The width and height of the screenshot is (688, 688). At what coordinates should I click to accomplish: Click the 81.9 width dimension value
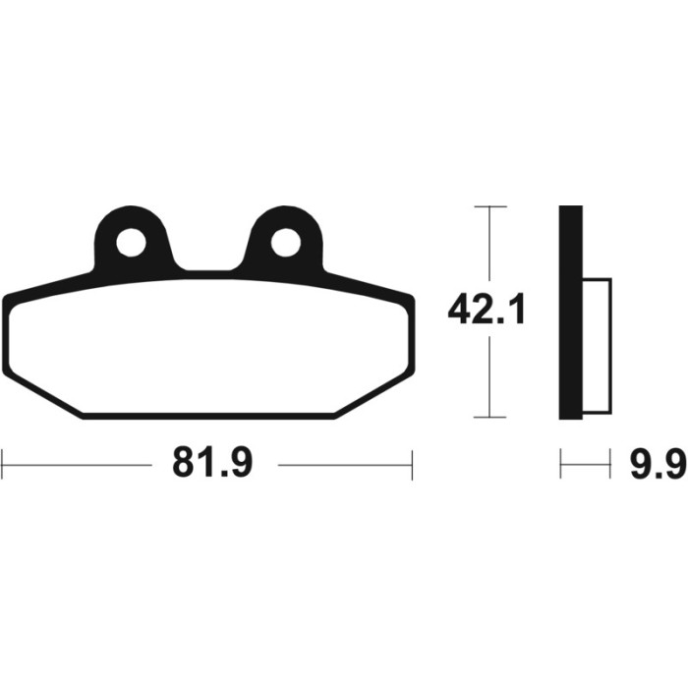(212, 464)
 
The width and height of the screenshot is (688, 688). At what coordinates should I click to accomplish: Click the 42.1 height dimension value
(487, 310)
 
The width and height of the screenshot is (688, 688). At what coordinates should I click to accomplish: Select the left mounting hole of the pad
(131, 243)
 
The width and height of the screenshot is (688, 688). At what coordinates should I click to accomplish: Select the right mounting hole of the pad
(286, 243)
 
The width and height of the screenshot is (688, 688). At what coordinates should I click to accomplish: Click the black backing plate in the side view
(571, 313)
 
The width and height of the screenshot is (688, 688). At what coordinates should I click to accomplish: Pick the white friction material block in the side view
(597, 346)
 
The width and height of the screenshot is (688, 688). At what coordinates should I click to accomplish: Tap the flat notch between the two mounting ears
(208, 270)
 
